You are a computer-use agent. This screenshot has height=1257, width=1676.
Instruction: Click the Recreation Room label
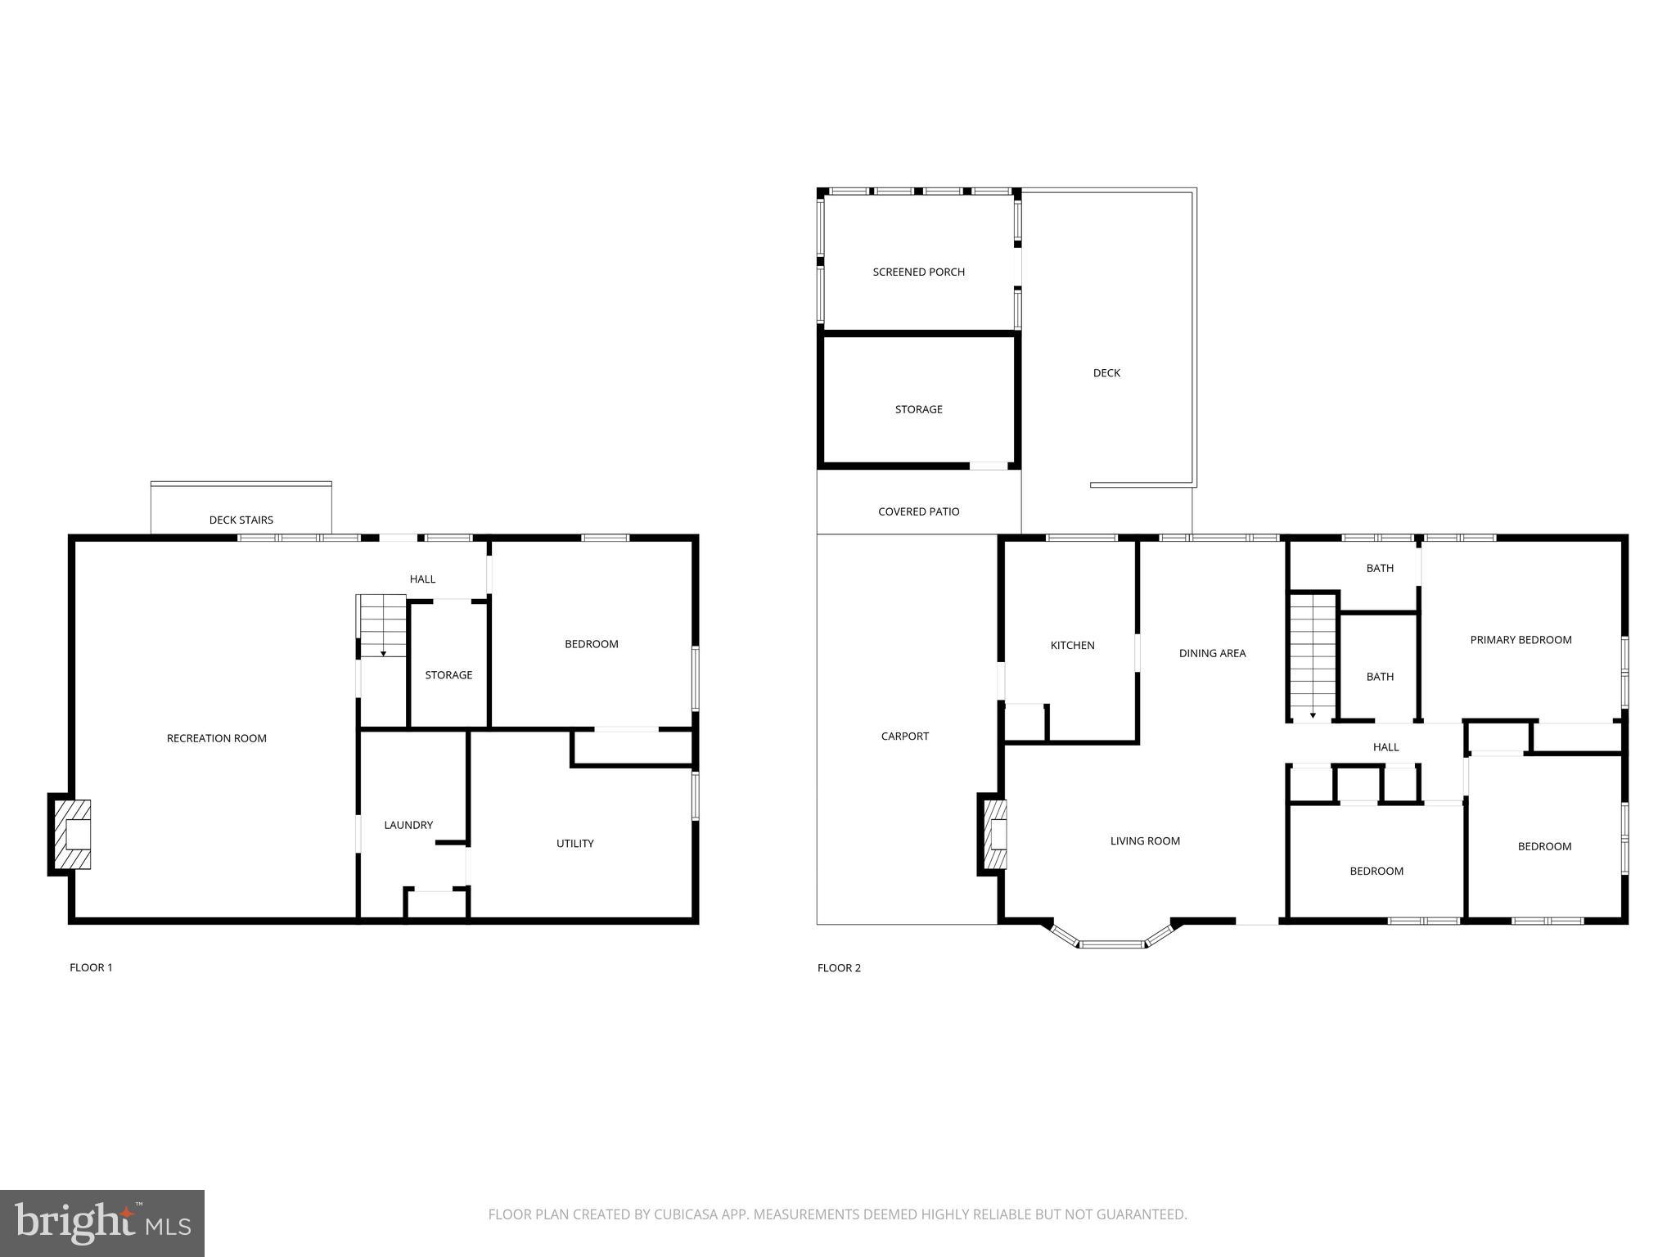point(217,738)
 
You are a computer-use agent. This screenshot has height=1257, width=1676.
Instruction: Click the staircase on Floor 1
point(383,625)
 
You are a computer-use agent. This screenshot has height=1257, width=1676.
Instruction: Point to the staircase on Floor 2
point(1313,656)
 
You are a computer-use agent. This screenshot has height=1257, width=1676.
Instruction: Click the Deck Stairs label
point(241,520)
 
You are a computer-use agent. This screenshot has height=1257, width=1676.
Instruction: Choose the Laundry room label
point(408,825)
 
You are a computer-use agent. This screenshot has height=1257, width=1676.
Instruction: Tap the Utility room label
point(575,844)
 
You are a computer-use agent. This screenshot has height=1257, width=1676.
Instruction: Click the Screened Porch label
point(918,272)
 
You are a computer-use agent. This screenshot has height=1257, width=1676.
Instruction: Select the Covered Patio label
point(918,511)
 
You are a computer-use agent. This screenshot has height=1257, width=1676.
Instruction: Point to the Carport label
point(904,737)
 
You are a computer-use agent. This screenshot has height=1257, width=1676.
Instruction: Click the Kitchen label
point(1072,646)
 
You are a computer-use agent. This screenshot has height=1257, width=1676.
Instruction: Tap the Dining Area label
point(1212,653)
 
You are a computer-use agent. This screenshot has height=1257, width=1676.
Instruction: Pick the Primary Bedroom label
point(1521,640)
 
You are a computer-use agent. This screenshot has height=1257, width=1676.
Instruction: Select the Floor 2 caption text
point(839,968)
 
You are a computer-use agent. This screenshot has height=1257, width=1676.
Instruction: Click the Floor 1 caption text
point(91,967)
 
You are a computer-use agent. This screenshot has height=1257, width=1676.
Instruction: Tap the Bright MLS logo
point(102,1223)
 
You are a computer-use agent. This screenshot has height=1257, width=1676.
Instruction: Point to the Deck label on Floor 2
point(1106,373)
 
